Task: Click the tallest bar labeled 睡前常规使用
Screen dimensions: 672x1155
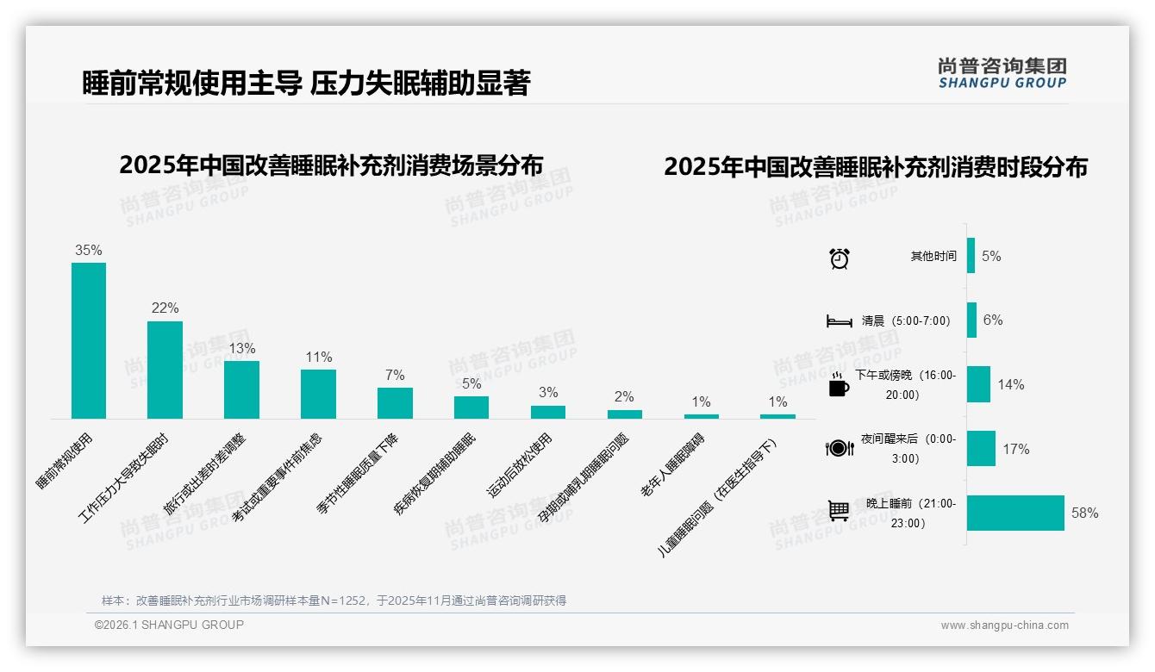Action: (x=89, y=340)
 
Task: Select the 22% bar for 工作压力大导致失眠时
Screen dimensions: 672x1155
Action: (x=165, y=370)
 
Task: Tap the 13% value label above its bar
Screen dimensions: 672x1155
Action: (x=241, y=349)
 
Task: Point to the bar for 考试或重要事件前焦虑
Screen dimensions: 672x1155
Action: (x=318, y=394)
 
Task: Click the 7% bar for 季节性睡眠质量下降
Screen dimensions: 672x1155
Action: (x=395, y=403)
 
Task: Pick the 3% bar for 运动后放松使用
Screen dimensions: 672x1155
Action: (x=548, y=412)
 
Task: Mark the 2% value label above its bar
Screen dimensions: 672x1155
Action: (x=624, y=397)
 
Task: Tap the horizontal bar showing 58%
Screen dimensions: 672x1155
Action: (x=1015, y=513)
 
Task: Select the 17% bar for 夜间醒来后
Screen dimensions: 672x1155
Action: (x=981, y=449)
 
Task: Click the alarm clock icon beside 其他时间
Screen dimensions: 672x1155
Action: (x=840, y=258)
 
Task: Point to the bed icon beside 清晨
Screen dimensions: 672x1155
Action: (x=839, y=321)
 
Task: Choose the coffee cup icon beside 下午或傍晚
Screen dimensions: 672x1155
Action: (x=839, y=385)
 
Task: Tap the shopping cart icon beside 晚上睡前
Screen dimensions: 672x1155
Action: (x=839, y=512)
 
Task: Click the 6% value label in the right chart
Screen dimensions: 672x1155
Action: (x=993, y=320)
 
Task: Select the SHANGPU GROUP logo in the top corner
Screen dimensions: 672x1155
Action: (x=1002, y=73)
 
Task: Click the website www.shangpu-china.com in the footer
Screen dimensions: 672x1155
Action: (x=1004, y=625)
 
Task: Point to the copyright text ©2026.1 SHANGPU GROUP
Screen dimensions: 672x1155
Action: (x=169, y=625)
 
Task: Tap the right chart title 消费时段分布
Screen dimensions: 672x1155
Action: (x=876, y=167)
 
